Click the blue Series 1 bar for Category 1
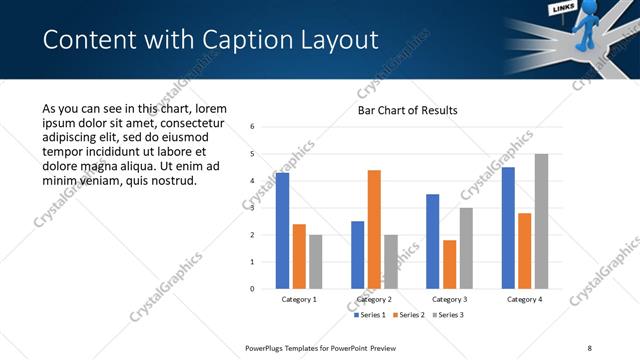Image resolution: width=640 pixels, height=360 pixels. point(283,231)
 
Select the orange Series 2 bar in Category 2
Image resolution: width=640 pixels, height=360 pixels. point(374,229)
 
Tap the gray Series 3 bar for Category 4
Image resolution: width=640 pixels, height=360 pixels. point(541,221)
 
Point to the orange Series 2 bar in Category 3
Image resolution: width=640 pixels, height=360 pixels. point(449,264)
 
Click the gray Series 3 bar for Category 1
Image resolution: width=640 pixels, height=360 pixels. point(316,262)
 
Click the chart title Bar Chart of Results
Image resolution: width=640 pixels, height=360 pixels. point(408,110)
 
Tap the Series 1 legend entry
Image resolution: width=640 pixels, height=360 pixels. point(373,315)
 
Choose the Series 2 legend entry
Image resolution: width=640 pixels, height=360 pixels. point(409,315)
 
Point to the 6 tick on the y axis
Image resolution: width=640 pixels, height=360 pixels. point(253,127)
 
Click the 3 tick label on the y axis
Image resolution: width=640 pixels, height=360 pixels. point(253,208)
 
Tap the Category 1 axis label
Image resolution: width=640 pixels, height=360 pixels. point(299,299)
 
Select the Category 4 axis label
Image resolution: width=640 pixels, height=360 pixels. point(524,299)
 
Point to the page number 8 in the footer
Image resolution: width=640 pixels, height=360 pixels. point(590,347)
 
